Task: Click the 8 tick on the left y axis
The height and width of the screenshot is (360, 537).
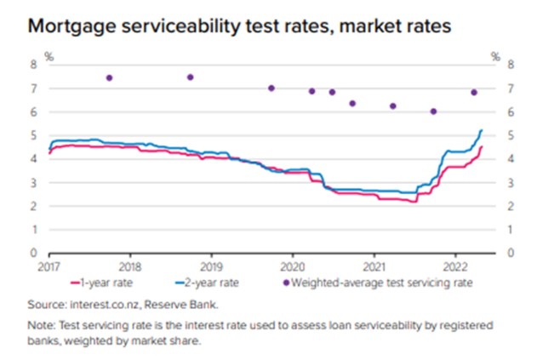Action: (x=35, y=64)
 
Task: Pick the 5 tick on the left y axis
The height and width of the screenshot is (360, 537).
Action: (x=35, y=135)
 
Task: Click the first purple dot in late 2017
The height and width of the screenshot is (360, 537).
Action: (x=109, y=77)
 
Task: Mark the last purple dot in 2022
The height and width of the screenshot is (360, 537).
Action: (x=474, y=92)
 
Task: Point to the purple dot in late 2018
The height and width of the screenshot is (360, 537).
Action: (x=190, y=77)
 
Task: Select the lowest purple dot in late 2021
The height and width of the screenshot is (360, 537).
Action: (x=433, y=111)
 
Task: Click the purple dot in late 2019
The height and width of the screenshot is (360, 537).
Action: (x=271, y=88)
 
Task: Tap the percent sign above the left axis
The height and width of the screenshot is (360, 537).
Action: (x=49, y=57)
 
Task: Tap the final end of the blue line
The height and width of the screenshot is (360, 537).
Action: (x=482, y=130)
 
